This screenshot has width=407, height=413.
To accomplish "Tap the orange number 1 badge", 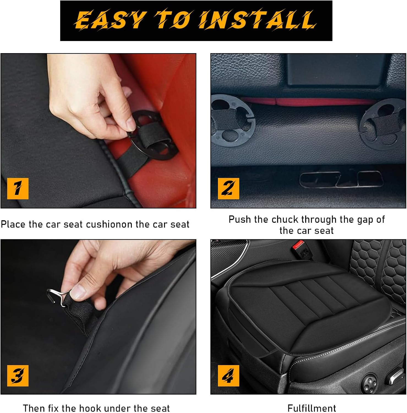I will click(x=18, y=189).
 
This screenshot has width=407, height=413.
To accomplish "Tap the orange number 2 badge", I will click(x=228, y=189).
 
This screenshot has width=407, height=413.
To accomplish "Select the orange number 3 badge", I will click(x=18, y=376).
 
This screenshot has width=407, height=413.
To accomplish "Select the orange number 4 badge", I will click(x=228, y=376).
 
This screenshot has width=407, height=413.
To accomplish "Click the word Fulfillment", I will click(x=312, y=408).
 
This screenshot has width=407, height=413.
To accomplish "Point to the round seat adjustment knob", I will click(x=368, y=383).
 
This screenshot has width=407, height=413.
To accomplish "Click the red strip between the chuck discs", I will click(x=305, y=102).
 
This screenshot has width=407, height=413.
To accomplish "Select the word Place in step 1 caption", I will click(x=13, y=224).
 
